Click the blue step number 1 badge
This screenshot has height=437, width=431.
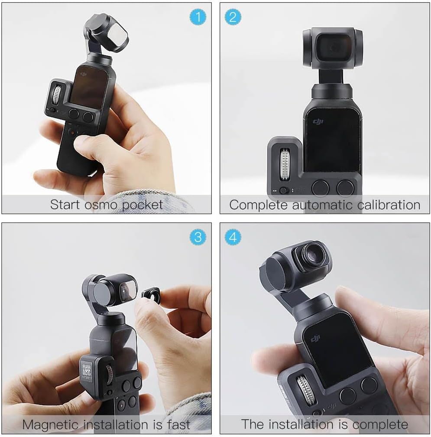click(x=198, y=17)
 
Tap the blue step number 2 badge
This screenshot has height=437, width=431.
click(x=233, y=17)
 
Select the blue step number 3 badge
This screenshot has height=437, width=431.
click(x=198, y=237)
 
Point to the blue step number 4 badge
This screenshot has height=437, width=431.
click(x=233, y=237)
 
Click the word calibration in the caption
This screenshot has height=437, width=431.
click(x=385, y=205)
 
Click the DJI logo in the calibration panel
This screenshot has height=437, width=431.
click(x=318, y=123)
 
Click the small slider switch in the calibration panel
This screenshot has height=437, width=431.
click(x=284, y=190)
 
